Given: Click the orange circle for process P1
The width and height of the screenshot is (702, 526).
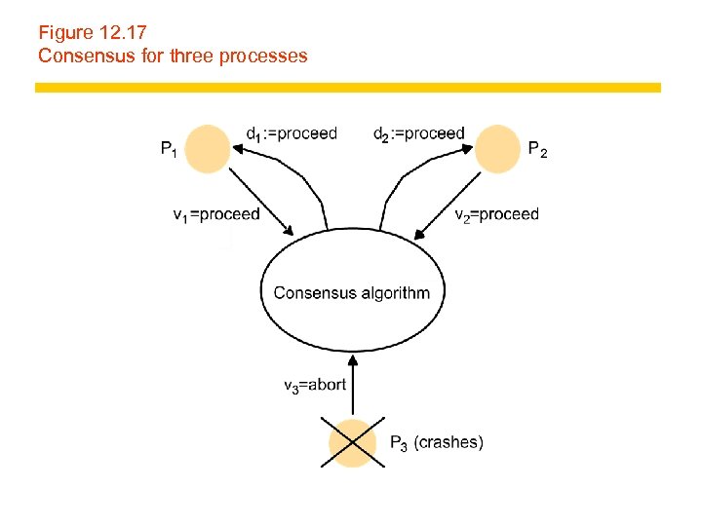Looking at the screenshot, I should tap(207, 149).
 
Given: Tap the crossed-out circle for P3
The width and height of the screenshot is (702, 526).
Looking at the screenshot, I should tap(352, 443).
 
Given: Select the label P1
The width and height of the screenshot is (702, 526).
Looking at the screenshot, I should tap(169, 149).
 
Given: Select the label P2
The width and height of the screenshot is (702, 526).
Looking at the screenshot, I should tap(537, 149).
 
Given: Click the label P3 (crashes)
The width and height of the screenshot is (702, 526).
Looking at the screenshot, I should tap(436, 443).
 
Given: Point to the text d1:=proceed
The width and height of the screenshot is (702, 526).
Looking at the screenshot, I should tap(292, 133).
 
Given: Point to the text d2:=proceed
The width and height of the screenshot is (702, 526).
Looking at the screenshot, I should tap(418, 133).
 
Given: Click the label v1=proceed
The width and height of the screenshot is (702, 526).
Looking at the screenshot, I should tap(216, 214).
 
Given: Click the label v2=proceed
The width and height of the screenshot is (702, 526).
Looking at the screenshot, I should tap(496, 214).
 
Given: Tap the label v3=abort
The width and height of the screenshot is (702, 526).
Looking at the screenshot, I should tap(315, 385).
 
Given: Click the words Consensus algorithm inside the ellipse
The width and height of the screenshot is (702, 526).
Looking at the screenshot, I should tap(351, 292).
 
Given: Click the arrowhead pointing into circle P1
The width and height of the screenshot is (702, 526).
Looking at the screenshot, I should tap(236, 148).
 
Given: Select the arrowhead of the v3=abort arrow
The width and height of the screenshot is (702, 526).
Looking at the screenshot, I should tap(352, 358).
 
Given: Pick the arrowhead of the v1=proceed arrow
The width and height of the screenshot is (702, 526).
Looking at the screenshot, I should tap(290, 232).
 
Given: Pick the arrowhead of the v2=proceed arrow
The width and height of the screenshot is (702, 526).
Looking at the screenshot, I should tap(418, 234).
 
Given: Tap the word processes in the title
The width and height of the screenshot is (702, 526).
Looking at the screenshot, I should tap(263, 56).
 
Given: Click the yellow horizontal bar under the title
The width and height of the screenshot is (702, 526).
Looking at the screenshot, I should tap(348, 88).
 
